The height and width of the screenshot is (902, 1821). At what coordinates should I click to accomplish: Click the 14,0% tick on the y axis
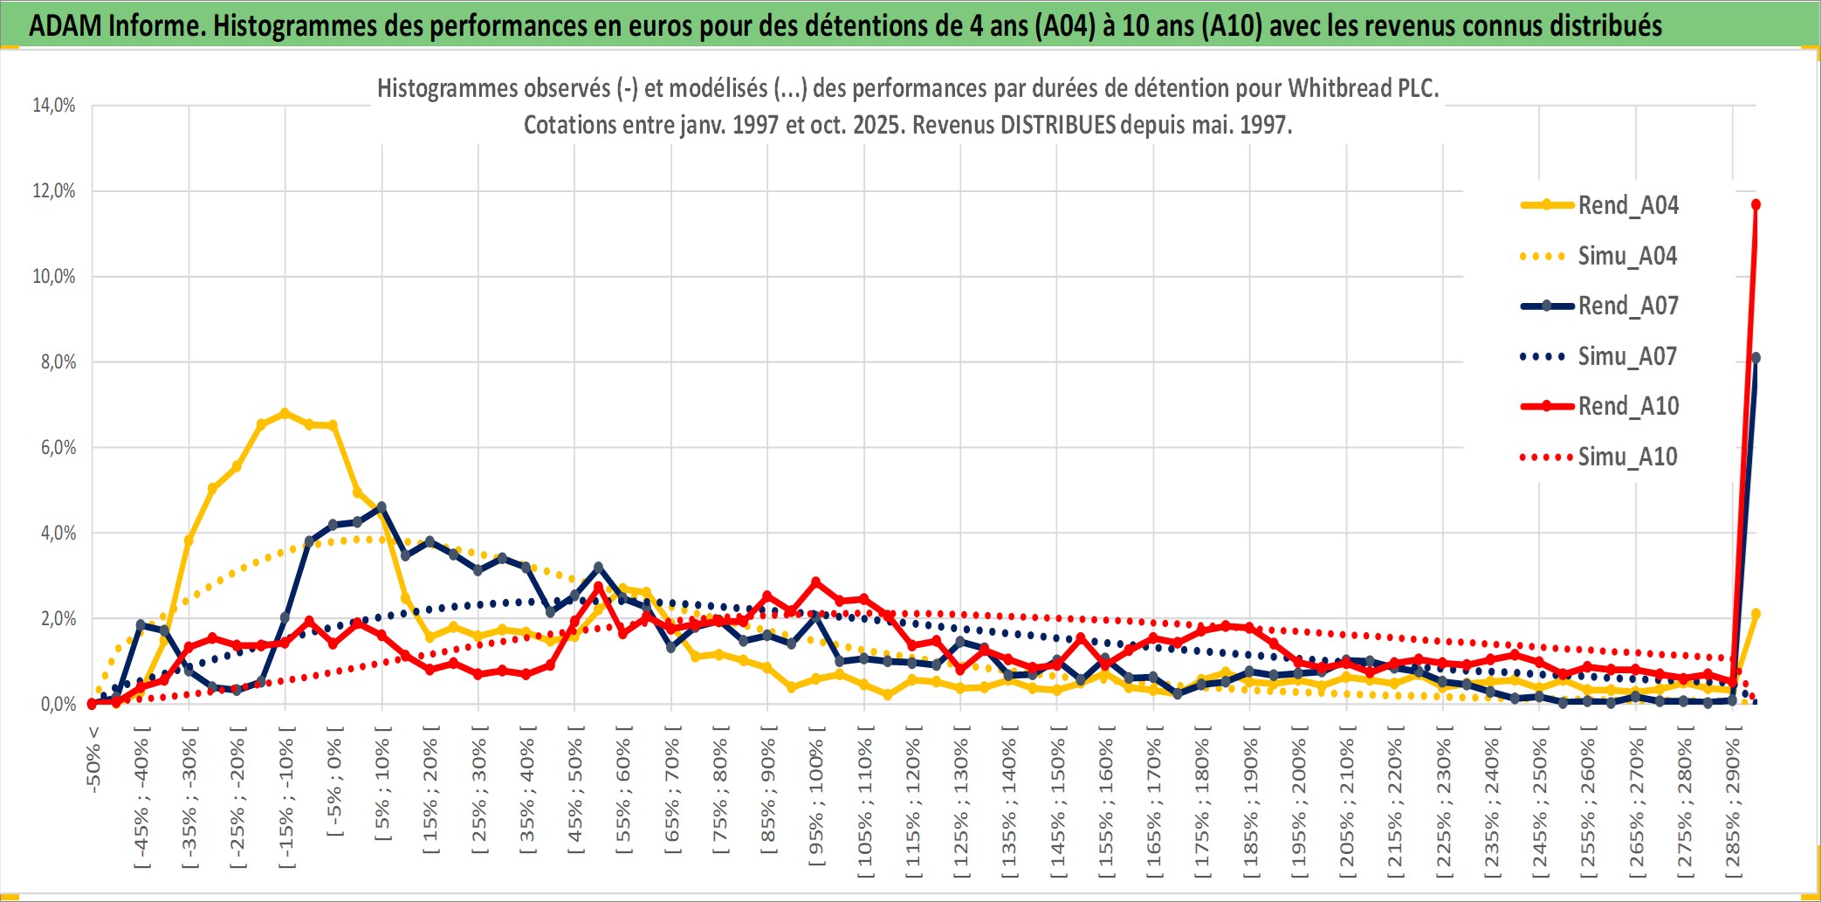54,106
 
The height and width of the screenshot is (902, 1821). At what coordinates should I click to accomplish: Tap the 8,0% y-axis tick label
58,362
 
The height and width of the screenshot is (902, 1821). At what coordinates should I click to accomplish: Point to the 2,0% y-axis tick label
58,619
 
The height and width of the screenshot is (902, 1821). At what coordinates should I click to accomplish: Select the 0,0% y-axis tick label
58,705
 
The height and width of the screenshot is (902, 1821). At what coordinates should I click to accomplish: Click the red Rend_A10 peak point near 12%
1756,204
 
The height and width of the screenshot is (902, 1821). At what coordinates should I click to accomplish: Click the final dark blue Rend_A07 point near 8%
1756,358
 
